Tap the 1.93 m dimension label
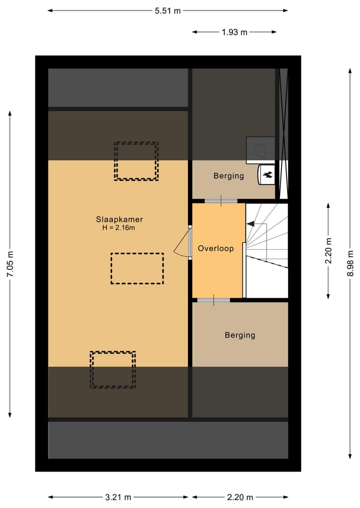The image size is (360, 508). click(x=234, y=32)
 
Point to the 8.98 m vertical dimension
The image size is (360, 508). click(x=350, y=264)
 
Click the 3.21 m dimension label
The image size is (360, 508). click(x=118, y=497)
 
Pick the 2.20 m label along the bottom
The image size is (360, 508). click(x=240, y=497)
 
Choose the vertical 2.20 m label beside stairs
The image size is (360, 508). click(x=328, y=251)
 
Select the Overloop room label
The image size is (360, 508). click(x=215, y=248)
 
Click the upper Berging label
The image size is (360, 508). click(x=228, y=176)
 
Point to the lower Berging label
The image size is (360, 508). click(x=239, y=335)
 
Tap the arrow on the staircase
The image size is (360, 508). click(x=251, y=224)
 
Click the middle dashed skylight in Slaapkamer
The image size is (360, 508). click(x=137, y=269)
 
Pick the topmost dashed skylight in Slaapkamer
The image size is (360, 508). click(x=136, y=161)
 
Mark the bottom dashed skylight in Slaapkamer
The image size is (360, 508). click(x=112, y=370)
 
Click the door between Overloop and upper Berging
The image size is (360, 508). click(x=220, y=200)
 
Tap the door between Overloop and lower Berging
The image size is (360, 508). click(x=213, y=300)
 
